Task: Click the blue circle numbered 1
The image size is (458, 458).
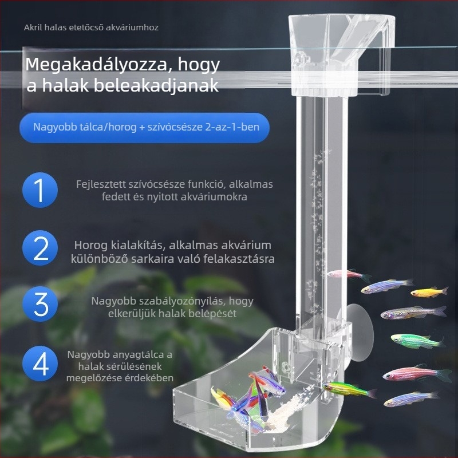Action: pos(41,191)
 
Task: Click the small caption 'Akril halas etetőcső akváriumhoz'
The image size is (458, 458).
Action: pos(91,27)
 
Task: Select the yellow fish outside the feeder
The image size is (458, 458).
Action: pos(428,293)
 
